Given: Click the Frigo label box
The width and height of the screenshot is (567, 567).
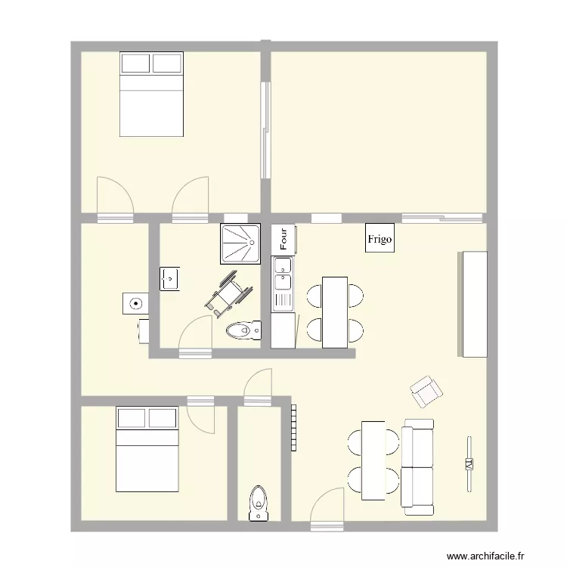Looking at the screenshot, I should point(380,239).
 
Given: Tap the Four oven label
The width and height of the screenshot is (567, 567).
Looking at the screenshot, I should point(283,239).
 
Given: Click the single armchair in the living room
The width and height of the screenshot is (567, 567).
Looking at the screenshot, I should point(426,390).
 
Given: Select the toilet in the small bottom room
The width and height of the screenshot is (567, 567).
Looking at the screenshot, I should point(259,503).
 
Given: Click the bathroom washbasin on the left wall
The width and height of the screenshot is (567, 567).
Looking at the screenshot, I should point(169,278).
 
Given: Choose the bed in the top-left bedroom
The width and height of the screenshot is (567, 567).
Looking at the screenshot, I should point(151,94).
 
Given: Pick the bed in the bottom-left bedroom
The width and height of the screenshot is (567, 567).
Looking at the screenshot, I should point(147,448).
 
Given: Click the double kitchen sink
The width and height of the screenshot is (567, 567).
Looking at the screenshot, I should point(283,274).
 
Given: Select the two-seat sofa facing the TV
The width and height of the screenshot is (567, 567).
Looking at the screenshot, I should point(417,466).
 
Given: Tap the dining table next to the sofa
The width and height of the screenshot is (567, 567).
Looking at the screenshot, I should point(373,457).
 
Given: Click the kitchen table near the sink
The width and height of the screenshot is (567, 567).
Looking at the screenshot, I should point(334,312).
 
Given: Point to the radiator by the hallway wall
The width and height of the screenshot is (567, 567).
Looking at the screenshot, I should point(293,428).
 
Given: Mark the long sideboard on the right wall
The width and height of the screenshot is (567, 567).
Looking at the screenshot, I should point(472,304).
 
